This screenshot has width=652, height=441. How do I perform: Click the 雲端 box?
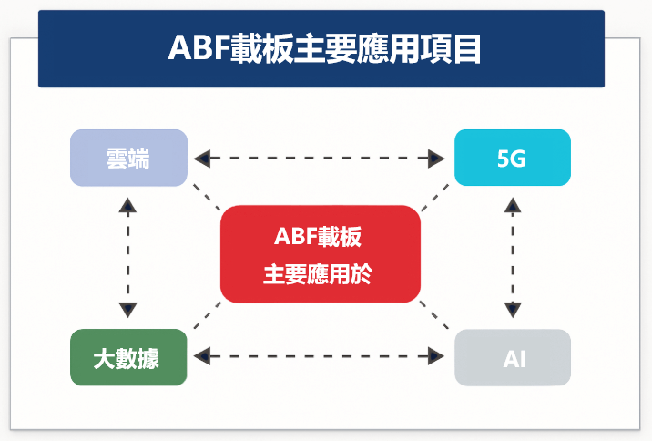[x=128, y=158]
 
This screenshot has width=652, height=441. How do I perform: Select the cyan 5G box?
[x=512, y=158]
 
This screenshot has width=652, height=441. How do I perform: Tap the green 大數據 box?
[x=128, y=357]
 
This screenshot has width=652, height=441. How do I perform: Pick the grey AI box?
[x=512, y=357]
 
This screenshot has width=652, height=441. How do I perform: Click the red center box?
[x=320, y=254]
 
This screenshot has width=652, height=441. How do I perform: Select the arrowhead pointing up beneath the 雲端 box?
[x=128, y=205]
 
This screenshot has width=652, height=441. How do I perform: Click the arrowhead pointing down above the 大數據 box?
[x=128, y=309]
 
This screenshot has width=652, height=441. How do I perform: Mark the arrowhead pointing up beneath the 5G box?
[x=513, y=205]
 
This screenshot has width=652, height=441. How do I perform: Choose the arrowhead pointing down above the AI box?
[x=513, y=309]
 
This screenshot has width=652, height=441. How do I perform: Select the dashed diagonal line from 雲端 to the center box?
[x=206, y=196]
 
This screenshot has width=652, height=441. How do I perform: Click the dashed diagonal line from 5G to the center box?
[x=435, y=198]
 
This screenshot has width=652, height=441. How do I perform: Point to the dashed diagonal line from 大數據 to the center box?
[x=207, y=314]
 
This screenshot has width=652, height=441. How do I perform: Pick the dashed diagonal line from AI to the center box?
[x=434, y=314]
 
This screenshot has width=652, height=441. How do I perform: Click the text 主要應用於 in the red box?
[x=318, y=273]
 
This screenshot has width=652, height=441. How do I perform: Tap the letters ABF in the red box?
[x=293, y=237]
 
